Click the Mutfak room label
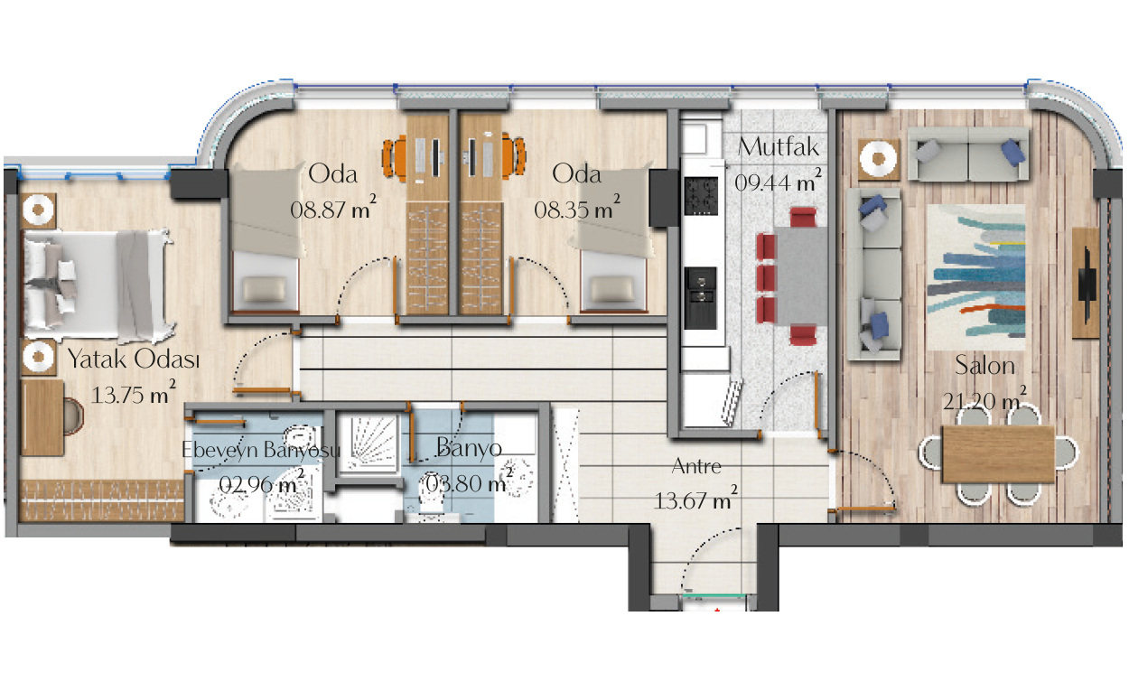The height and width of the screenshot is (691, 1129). pos(779,147)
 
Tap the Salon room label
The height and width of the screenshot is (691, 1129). pos(984,366)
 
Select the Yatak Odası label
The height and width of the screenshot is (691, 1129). pos(134,360)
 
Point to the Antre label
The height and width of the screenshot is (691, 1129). pos(696,466)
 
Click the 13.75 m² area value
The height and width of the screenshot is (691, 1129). pos(134,393)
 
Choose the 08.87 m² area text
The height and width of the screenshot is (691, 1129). pos(333,208)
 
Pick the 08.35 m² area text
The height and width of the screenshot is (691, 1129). pos(577,208)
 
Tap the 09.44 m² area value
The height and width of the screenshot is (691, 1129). pos(779,182)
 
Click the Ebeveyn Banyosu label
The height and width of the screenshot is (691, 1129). pos(261,450)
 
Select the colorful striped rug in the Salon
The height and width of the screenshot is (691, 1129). pos(976,277)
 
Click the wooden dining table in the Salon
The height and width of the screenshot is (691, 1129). pos(998,454)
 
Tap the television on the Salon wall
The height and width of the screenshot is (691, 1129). pos(1087,283)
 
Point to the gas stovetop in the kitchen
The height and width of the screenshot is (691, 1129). pos(701,196)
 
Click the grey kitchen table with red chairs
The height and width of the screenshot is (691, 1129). pos(800,276)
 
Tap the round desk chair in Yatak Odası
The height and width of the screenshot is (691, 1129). pos(73,416)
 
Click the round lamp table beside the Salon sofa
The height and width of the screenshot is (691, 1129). pos(879,159)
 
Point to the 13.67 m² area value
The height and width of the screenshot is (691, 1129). pos(696,499)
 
